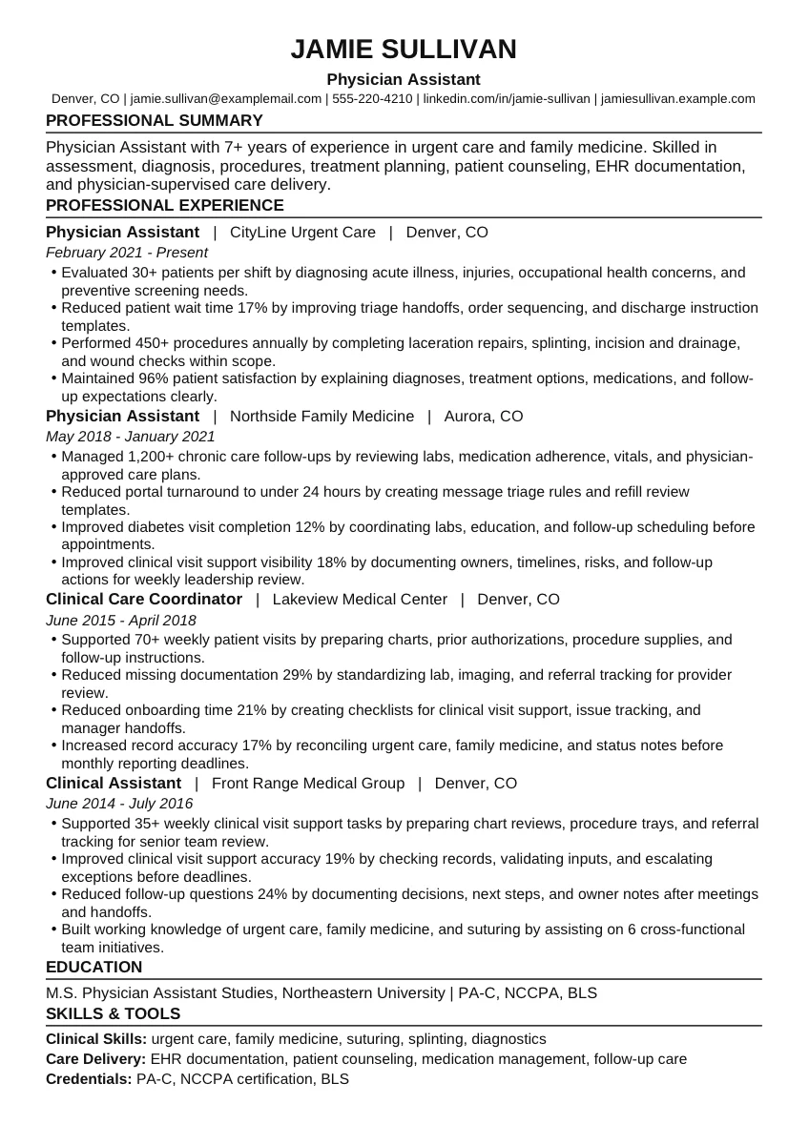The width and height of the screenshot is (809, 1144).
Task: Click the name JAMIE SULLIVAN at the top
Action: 404,50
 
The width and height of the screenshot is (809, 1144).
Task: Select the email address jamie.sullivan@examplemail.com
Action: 225,98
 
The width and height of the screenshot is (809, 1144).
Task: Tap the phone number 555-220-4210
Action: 372,98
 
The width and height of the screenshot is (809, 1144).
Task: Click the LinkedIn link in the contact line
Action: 507,98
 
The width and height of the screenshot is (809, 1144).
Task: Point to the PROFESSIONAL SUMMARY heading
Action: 155,120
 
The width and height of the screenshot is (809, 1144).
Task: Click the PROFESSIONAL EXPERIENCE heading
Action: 165,205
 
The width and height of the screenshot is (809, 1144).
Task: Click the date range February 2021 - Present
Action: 127,253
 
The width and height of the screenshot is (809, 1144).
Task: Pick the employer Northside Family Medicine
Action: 322,416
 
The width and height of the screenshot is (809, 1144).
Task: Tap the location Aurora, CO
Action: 485,416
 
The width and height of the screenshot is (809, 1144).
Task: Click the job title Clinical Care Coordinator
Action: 144,599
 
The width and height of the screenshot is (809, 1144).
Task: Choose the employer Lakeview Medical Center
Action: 360,599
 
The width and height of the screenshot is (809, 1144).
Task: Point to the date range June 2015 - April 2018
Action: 121,620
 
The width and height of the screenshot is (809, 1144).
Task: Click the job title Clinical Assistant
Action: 114,783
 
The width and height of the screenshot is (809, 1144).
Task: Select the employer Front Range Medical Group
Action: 308,783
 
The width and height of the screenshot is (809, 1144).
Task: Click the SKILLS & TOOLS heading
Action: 114,1013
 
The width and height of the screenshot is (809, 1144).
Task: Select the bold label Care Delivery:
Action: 96,1058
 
